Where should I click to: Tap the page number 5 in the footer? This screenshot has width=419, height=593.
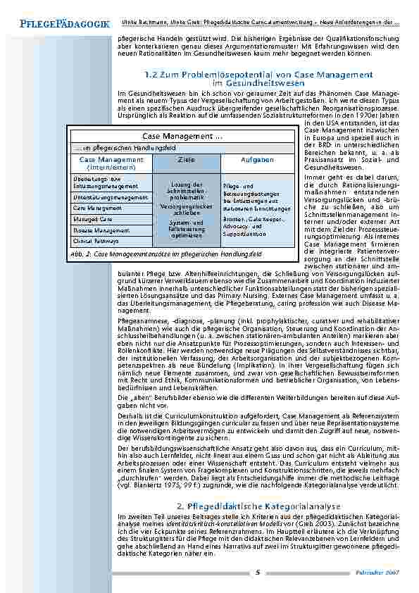(258, 572)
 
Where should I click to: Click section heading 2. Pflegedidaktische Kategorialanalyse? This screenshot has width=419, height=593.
(258, 525)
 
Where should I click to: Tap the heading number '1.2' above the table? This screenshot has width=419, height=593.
(150, 74)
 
